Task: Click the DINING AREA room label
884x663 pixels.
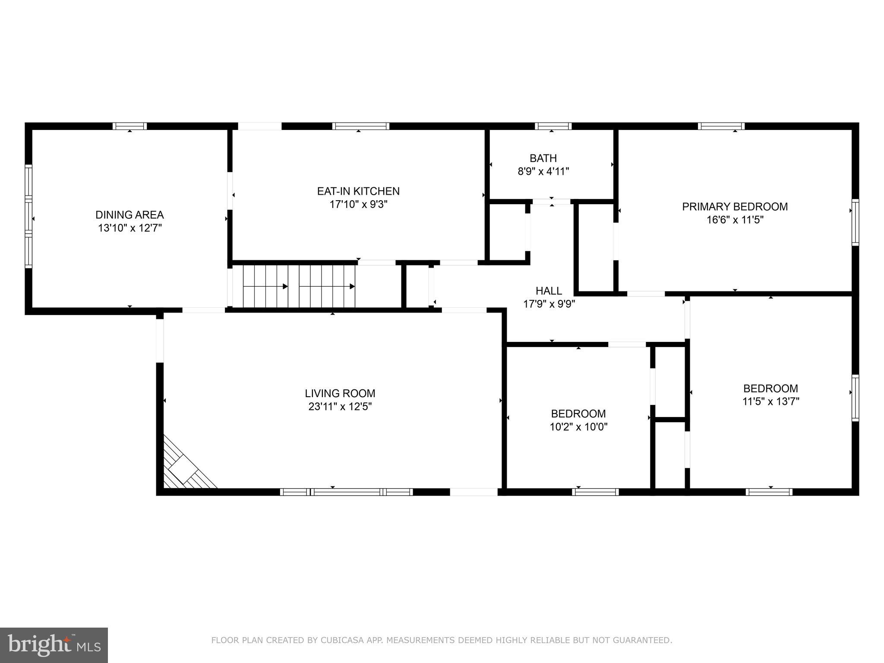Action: (x=129, y=215)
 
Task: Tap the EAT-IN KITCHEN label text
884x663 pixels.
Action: (x=358, y=191)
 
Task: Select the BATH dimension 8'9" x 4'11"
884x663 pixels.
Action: (x=543, y=171)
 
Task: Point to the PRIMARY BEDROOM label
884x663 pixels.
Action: (x=735, y=206)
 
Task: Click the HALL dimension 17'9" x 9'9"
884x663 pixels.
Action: (x=549, y=304)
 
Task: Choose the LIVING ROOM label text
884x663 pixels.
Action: (x=340, y=393)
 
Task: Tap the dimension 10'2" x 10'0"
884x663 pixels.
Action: (x=578, y=427)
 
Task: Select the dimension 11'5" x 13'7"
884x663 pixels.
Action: (x=770, y=401)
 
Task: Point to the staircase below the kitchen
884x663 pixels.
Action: (x=299, y=286)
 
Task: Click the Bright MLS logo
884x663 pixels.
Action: (x=54, y=645)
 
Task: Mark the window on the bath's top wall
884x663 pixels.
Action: (x=553, y=126)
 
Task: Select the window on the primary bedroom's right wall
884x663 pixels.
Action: (x=855, y=222)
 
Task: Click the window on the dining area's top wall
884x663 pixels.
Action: (x=129, y=126)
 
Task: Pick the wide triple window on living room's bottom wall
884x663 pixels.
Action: (x=346, y=492)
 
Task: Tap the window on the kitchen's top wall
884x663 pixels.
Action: (x=360, y=126)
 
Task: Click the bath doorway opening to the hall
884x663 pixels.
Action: (x=551, y=202)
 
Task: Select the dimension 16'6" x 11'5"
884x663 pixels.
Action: (x=735, y=220)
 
